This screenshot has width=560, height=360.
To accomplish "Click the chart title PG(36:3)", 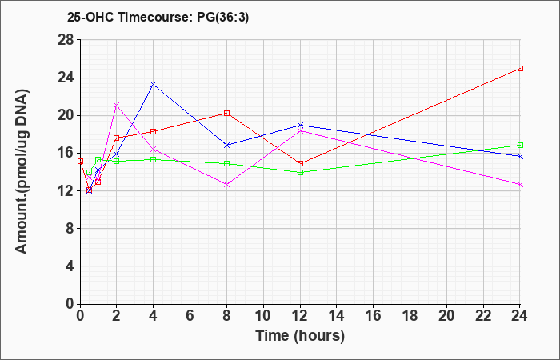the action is click(x=223, y=17).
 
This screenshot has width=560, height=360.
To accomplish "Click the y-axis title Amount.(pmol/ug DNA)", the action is click(x=22, y=171).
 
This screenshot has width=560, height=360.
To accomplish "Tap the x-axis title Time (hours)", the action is click(x=300, y=336).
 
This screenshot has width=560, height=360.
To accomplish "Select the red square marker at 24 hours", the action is click(x=520, y=68).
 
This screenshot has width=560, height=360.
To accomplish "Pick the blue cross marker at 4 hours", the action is click(x=154, y=84).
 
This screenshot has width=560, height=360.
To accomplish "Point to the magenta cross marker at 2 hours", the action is click(x=117, y=105).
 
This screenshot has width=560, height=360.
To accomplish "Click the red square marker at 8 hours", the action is click(x=226, y=114).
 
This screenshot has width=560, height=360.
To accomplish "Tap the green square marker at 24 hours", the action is click(x=520, y=145).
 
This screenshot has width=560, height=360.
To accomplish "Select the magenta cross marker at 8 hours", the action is click(x=226, y=185).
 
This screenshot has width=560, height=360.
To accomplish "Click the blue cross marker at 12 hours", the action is click(x=300, y=125).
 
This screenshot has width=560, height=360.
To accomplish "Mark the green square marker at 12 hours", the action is click(x=300, y=172).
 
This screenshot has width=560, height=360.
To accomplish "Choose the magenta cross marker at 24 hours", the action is click(x=520, y=184).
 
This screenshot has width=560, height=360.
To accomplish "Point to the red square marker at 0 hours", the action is click(x=80, y=161).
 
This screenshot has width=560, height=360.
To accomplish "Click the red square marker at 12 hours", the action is click(x=300, y=163).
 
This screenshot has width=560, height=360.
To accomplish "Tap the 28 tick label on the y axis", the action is click(x=66, y=40).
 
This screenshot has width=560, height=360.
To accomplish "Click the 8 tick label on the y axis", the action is click(x=70, y=229).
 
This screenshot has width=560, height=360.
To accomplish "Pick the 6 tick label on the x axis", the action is click(x=190, y=316).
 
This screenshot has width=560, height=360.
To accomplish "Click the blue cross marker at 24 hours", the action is click(x=520, y=156).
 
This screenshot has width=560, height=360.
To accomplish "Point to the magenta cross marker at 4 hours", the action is click(x=154, y=149).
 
